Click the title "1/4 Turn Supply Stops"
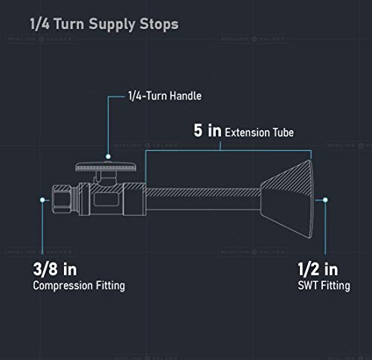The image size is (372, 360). coord(104,25)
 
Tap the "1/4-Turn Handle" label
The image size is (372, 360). coord(165,96)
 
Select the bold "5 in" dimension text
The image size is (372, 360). coord(208,130)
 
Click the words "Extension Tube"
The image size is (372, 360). coord(260,132)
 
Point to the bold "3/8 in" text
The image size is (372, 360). coord(55,269)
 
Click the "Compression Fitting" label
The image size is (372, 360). coord(79,286)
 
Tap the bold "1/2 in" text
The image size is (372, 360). coord(318,269)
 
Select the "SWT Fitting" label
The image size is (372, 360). coord(324,286)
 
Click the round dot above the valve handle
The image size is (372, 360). coord(108,156)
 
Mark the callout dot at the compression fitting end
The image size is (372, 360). coord(42,199)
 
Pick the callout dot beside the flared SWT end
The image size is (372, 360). coord(325,199)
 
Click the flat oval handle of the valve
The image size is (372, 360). coord(106,167)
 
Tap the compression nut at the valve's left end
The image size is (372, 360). coord(62,199)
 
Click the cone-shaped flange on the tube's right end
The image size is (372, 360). coord(287,199)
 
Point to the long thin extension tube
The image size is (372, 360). coord(203,199)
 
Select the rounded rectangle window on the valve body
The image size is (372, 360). coord(106,199)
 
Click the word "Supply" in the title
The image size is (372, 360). coord(112,25)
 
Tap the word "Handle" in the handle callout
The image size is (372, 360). coord(186,96)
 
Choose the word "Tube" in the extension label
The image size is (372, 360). coord(283,132)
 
